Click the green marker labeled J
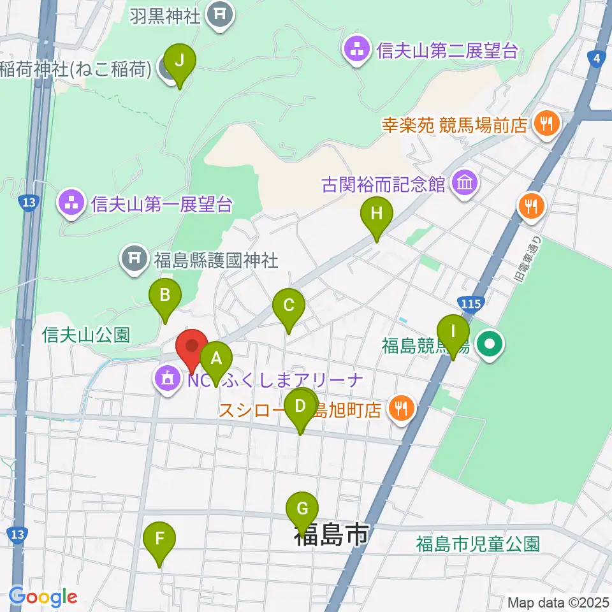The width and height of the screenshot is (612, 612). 179,61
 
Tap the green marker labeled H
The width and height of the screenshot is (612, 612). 376,212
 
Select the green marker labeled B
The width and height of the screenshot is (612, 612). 164,295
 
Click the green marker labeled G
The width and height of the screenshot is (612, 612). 302,508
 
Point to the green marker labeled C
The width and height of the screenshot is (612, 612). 288,304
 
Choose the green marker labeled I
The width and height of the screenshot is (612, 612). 453,331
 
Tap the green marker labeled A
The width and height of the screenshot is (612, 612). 215,358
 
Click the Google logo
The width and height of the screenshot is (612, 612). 43,597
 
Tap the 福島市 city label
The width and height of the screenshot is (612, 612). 331,534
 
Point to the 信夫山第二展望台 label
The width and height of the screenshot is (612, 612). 446,51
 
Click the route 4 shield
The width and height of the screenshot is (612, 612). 596,59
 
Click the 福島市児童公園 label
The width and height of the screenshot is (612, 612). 477,544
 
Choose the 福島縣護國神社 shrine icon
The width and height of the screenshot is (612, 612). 134,258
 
